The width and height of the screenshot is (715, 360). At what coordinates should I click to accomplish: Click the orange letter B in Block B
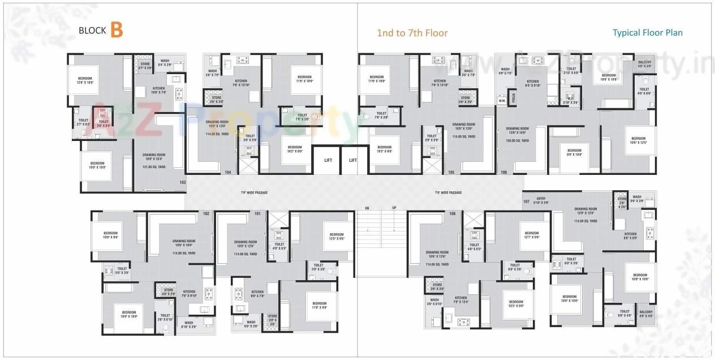(x=117, y=29)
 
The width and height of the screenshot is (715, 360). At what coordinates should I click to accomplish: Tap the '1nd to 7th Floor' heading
(x=412, y=33)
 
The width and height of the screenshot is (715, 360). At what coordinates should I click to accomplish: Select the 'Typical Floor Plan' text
(x=648, y=32)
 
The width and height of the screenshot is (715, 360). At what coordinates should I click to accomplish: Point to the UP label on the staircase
(x=394, y=208)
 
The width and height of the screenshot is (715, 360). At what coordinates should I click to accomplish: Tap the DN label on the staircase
(x=367, y=208)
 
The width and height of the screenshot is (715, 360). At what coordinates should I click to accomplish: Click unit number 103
(x=182, y=182)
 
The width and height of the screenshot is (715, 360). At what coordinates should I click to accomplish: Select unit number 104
(x=228, y=172)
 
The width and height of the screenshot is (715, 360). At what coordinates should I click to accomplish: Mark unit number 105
(x=451, y=172)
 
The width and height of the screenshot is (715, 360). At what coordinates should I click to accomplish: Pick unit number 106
(x=503, y=172)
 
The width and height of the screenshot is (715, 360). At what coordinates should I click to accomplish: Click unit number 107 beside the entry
(x=526, y=202)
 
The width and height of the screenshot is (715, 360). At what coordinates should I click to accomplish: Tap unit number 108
(x=452, y=213)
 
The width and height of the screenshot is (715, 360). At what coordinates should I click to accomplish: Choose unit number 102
(x=206, y=213)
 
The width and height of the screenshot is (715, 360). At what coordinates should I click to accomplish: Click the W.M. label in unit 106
(x=502, y=102)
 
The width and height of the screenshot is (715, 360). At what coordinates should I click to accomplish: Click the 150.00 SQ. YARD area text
(x=517, y=140)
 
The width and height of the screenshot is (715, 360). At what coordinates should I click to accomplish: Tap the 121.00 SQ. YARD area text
(x=154, y=167)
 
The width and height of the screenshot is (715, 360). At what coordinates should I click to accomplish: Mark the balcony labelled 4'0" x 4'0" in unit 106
(x=644, y=64)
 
